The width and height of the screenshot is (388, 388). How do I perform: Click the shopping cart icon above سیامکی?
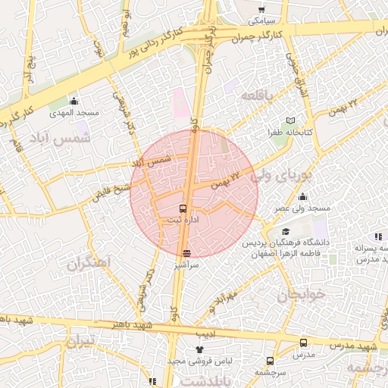point(261,10)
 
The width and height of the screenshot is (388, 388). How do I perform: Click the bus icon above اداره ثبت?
point(183,208)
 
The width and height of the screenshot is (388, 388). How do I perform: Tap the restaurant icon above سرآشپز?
point(186,253)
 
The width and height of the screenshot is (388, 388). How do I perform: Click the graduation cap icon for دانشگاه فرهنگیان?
point(285,231)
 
